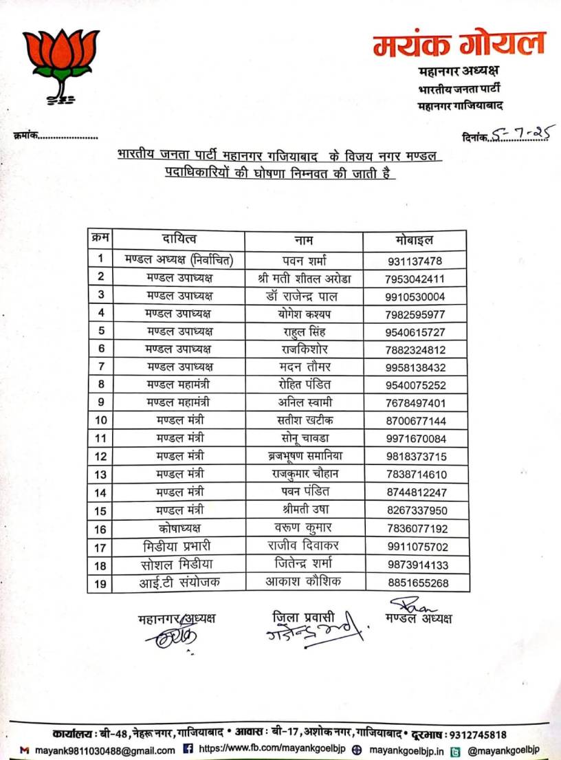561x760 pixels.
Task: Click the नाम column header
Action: click(304, 239)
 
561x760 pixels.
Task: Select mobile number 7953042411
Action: click(416, 279)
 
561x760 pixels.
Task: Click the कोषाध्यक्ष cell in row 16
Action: click(179, 528)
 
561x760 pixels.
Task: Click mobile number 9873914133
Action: click(417, 565)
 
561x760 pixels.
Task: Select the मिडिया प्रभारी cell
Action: click(179, 547)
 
